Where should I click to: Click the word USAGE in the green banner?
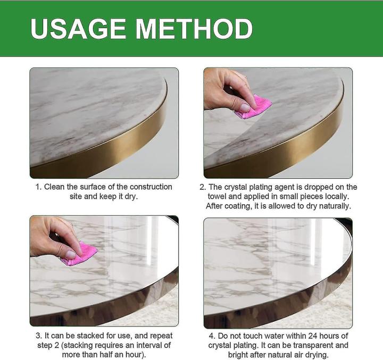click(x=78, y=29)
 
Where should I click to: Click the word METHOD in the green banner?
click(x=194, y=29)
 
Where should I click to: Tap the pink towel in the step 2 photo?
click(x=254, y=107)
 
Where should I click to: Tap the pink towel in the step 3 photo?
click(x=79, y=254)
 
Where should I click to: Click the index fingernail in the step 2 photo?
click(x=245, y=107)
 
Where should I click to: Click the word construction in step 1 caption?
click(x=151, y=187)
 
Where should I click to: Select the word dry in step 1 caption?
click(x=131, y=197)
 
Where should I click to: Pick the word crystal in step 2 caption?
click(x=236, y=187)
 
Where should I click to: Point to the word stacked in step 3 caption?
click(x=120, y=336)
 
